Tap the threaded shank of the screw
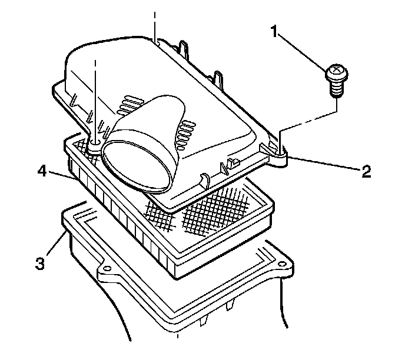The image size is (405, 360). (x=337, y=89)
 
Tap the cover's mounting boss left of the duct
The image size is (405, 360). (x=94, y=143)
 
